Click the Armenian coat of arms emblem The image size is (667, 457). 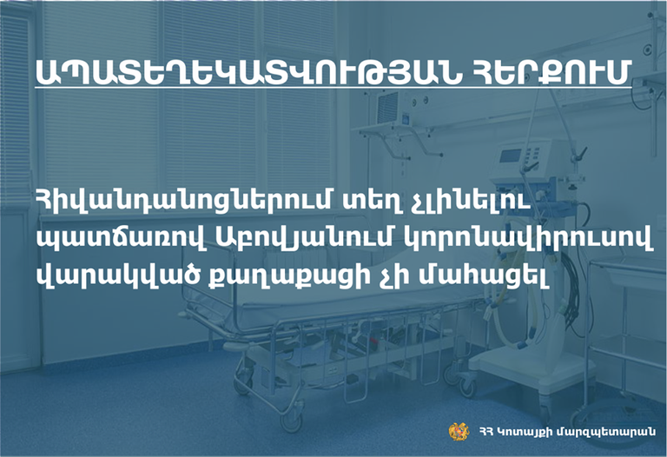(459, 431)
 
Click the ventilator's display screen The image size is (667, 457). (510, 156)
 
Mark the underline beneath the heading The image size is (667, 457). (333, 89)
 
